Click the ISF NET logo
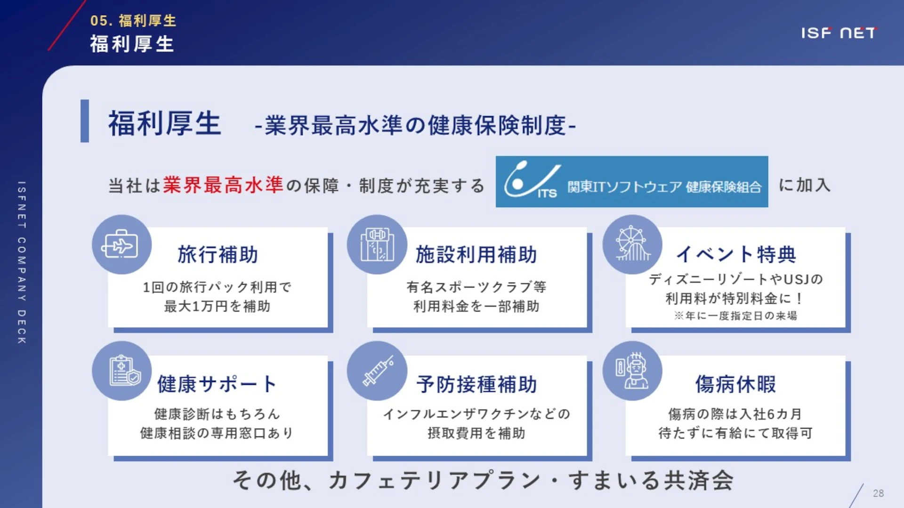click(x=839, y=33)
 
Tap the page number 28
click(x=878, y=493)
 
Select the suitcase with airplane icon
click(x=121, y=245)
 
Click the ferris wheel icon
click(x=632, y=244)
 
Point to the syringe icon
click(x=378, y=371)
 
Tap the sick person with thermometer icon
click(x=632, y=371)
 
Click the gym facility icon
click(x=377, y=245)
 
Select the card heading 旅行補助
click(x=218, y=254)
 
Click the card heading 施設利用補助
click(x=476, y=254)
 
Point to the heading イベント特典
click(x=736, y=254)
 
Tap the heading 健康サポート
click(x=217, y=384)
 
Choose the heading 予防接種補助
click(x=476, y=384)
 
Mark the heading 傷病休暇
click(x=735, y=384)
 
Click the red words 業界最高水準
click(x=223, y=185)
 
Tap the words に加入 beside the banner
click(x=804, y=185)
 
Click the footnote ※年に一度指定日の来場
click(x=735, y=316)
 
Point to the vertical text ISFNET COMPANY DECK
click(x=22, y=262)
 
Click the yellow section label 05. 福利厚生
click(x=133, y=21)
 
